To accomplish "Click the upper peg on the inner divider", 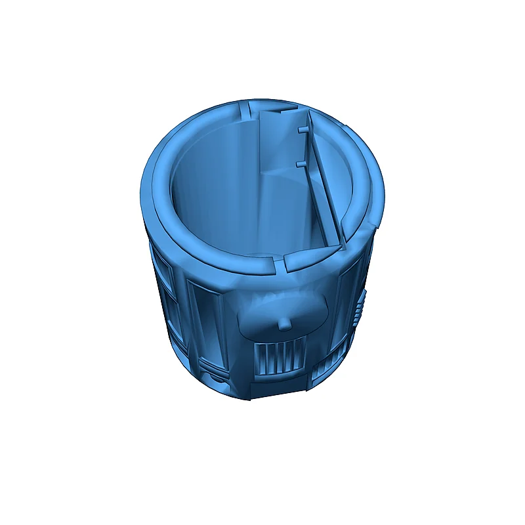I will pos(303,131).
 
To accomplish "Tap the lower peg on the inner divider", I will pos(301,162).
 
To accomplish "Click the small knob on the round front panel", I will pos(283,324).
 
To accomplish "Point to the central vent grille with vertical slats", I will pos(278,357).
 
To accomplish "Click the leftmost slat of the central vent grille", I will pos(257,359).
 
